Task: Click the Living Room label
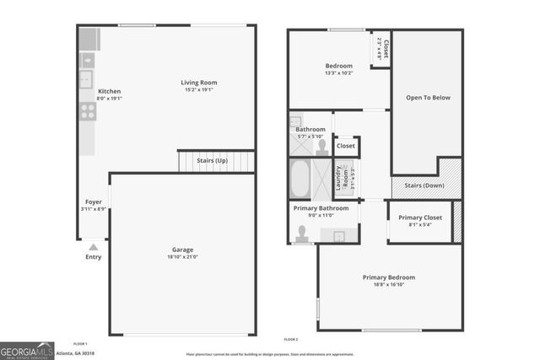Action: [x=199, y=83]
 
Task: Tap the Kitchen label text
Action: [x=110, y=91]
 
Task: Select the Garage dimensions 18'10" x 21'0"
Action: [x=183, y=258]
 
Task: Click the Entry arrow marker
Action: [x=93, y=247]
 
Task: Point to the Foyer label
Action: [x=93, y=201]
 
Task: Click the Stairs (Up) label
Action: [x=212, y=160]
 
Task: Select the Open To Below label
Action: [x=428, y=98]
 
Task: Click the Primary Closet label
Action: [x=419, y=218]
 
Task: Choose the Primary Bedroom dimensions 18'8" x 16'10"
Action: [x=389, y=286]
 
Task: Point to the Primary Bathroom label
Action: [x=321, y=207]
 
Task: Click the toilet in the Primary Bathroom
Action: [x=301, y=234]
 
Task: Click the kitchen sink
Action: [x=86, y=80]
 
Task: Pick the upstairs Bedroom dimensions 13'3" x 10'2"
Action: [x=338, y=73]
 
